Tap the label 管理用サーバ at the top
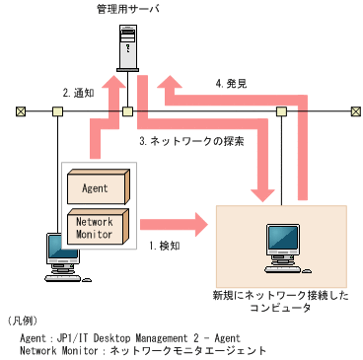tap(127, 10)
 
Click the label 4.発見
tap(232, 84)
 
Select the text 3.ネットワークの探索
tap(190, 140)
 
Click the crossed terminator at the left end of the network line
tap(21, 110)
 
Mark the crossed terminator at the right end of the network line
tap(352, 110)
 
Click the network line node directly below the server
tap(127, 110)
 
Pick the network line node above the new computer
tap(281, 110)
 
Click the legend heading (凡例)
tap(22, 321)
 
